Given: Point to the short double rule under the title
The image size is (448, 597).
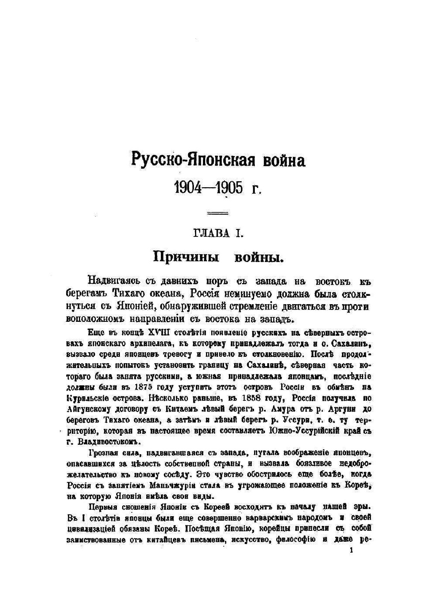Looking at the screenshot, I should pos(218,214).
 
